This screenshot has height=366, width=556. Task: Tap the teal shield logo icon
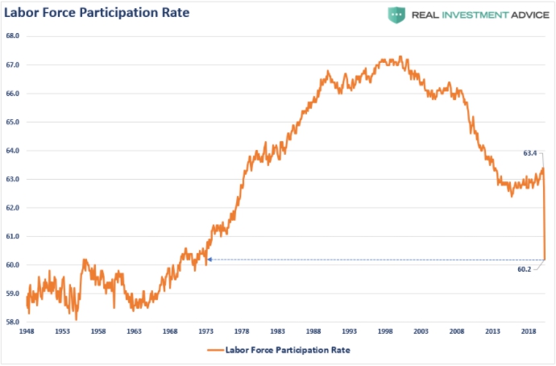(x=396, y=15)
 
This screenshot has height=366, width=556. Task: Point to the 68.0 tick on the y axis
(x=13, y=36)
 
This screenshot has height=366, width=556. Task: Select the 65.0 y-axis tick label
(x=13, y=122)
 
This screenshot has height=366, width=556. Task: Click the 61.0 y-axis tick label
(x=13, y=236)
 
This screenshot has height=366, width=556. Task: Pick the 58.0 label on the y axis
(x=13, y=322)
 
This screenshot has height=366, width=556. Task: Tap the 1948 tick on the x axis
(x=27, y=331)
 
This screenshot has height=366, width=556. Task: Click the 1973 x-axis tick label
(x=206, y=331)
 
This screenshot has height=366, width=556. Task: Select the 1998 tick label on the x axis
(x=386, y=331)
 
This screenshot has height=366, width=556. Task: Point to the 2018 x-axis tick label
(x=529, y=331)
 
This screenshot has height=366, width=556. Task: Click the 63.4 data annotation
(x=530, y=152)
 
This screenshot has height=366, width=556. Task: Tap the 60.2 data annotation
(x=525, y=269)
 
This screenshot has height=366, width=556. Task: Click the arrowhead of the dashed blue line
(x=210, y=260)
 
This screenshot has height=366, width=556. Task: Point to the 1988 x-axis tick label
(x=314, y=331)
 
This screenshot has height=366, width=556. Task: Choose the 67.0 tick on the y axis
(x=13, y=64)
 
